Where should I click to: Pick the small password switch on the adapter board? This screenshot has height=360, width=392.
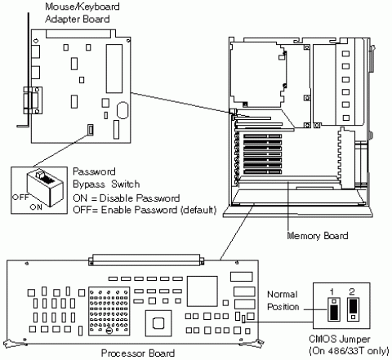tap(90, 129)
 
